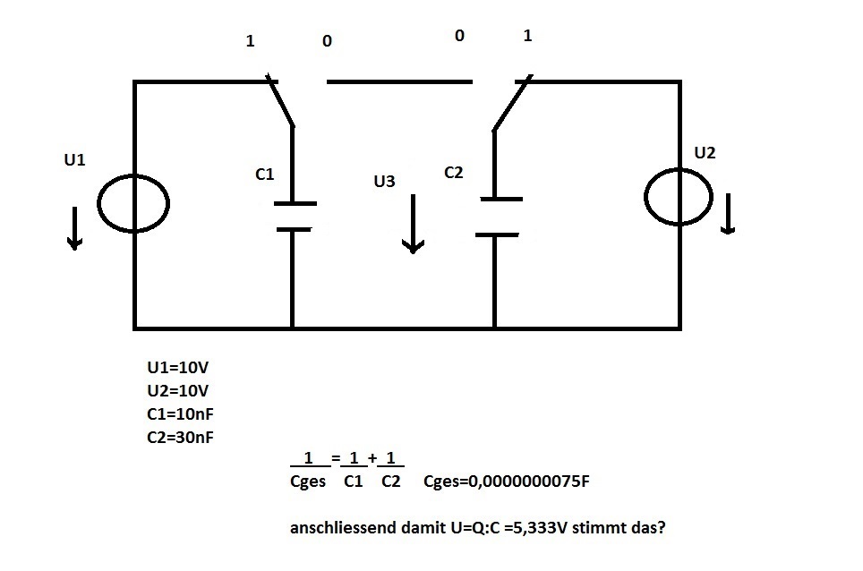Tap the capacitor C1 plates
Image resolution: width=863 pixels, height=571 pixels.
[295, 217]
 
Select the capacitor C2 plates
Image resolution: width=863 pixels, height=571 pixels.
[499, 217]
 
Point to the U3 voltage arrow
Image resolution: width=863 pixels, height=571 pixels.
[413, 224]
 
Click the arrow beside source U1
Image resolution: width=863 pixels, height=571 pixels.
[74, 228]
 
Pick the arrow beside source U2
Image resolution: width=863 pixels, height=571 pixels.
[728, 213]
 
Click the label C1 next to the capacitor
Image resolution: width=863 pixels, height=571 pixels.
[265, 175]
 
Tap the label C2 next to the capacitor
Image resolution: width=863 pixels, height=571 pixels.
[454, 173]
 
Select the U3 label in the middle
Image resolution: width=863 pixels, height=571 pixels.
[384, 182]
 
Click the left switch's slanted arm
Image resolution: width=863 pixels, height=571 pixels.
[280, 99]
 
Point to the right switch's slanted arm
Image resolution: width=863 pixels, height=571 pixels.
[512, 103]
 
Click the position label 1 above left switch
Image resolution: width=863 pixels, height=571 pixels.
[250, 40]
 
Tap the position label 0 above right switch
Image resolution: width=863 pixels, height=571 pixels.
[459, 36]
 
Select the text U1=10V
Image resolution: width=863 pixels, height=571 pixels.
[178, 368]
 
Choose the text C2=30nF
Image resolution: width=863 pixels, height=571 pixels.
[180, 438]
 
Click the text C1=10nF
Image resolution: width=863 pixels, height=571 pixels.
[180, 413]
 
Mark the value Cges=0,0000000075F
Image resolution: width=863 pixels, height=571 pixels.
[507, 482]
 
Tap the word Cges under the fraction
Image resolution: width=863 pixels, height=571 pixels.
[308, 482]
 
